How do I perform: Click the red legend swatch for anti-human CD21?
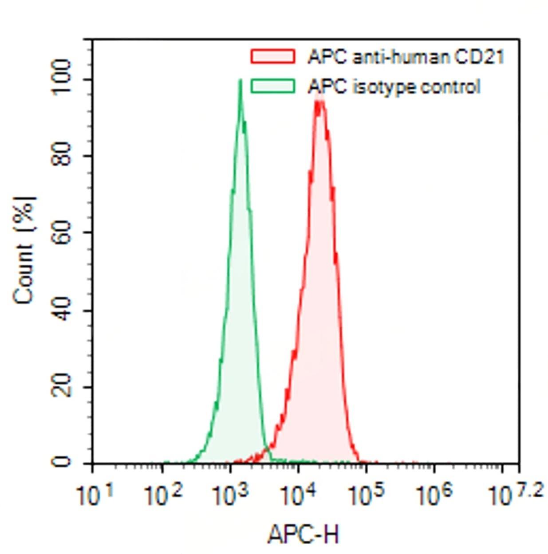pos(272,56)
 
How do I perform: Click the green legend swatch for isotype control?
pos(272,86)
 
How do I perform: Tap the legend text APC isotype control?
pos(394,86)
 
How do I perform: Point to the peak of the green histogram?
pos(240,81)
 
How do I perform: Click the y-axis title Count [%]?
pos(24,251)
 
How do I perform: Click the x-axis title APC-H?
pos(304,534)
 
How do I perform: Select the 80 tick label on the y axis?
pos(61,156)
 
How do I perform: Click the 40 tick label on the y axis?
pos(61,310)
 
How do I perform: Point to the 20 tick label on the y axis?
pos(61,386)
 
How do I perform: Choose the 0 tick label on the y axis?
pos(61,462)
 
